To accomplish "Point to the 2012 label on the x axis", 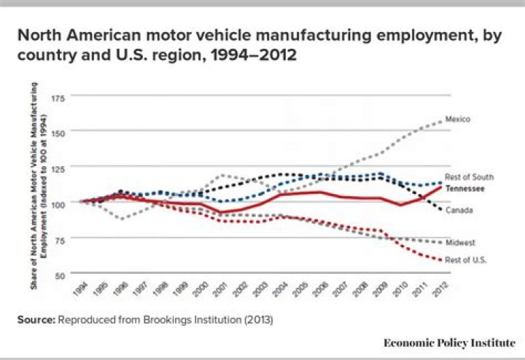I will coord(439,289).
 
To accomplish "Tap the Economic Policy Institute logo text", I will coord(449,342).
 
